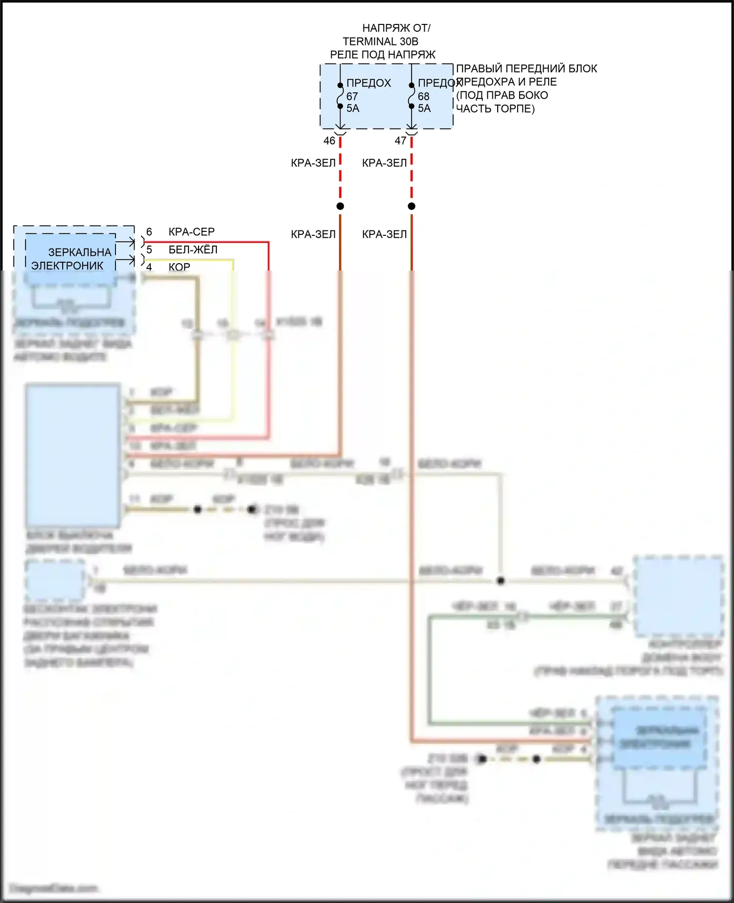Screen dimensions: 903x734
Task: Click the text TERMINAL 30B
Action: [380, 42]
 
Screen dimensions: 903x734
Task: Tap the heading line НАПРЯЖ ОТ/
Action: [396, 28]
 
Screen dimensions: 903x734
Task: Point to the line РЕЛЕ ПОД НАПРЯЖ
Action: [383, 55]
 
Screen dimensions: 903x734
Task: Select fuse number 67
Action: [352, 96]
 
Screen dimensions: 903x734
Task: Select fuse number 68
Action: [423, 96]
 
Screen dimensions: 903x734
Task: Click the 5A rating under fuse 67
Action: [353, 108]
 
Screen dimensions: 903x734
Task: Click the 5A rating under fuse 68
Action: [424, 108]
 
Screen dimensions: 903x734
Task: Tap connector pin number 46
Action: [329, 141]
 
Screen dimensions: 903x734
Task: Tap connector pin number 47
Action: [400, 141]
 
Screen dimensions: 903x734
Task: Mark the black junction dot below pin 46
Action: [340, 206]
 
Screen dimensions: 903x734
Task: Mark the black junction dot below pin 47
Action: [412, 206]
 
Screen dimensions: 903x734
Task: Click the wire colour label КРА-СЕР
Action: [191, 232]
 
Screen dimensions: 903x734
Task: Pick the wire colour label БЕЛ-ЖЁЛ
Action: [193, 250]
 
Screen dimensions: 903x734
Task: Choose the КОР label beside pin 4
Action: [179, 267]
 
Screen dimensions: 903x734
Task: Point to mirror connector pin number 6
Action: [149, 232]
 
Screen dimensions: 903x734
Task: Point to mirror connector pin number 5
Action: [149, 250]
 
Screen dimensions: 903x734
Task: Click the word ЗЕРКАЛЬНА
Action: [80, 252]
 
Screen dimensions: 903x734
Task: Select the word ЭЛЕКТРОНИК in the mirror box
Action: [68, 266]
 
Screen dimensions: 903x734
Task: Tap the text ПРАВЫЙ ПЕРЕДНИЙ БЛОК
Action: [527, 68]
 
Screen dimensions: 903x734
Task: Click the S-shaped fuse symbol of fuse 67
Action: [340, 96]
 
